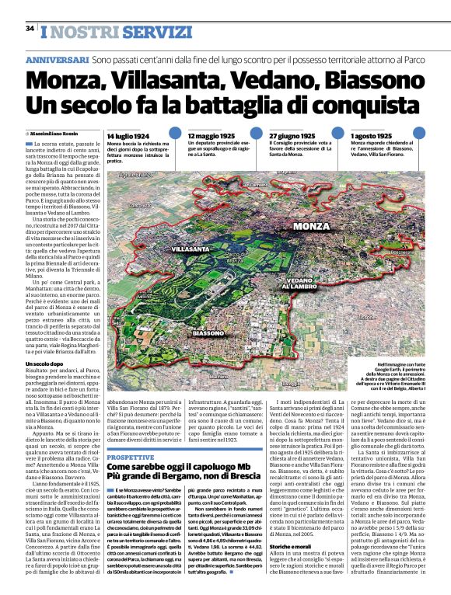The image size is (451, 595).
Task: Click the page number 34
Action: (x=30, y=29)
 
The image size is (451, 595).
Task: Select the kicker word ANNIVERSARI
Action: (x=57, y=60)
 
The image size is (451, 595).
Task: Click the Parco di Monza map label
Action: (x=236, y=257)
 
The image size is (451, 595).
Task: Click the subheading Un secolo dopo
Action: (x=45, y=364)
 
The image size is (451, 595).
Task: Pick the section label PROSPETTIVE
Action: (x=131, y=436)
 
